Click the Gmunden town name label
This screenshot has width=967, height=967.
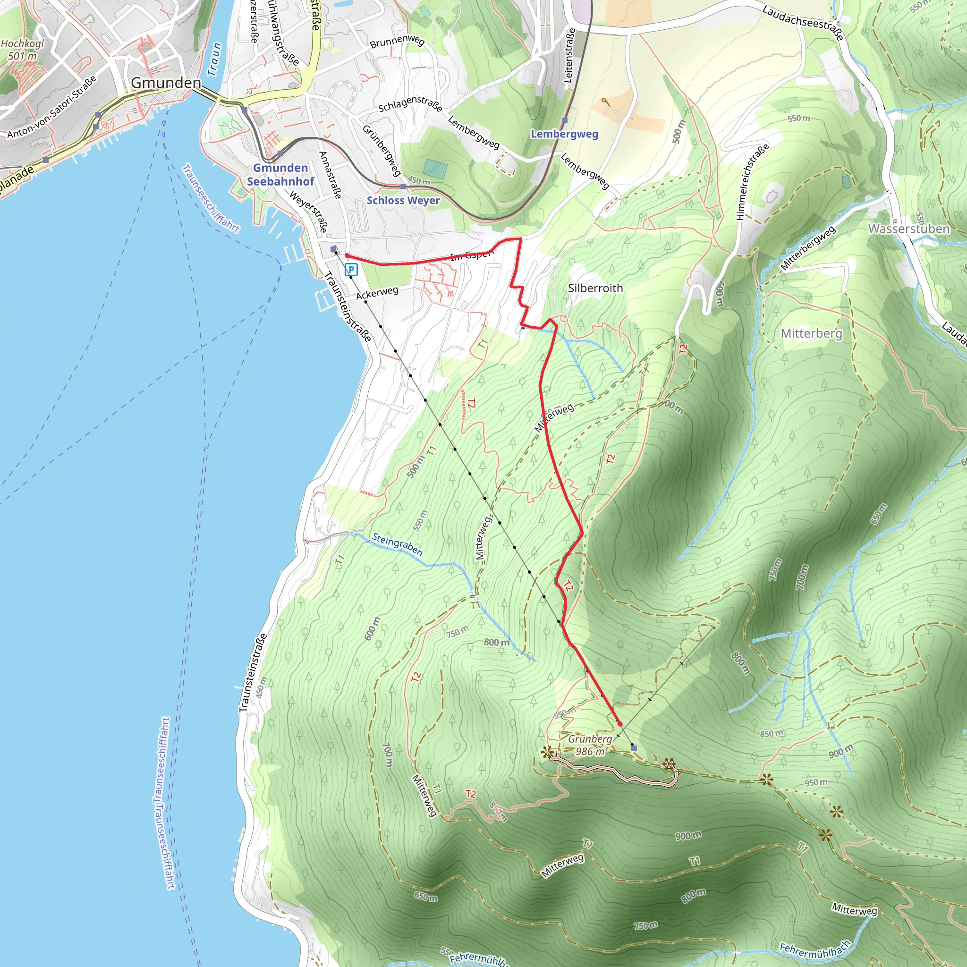click(166, 83)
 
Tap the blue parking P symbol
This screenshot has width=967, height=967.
click(351, 270)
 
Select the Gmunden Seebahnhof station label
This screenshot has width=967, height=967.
click(280, 175)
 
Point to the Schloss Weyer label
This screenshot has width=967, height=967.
click(403, 200)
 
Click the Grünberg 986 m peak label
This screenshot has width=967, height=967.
click(590, 745)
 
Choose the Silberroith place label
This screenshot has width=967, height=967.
click(595, 288)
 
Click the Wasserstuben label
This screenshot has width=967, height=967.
click(908, 229)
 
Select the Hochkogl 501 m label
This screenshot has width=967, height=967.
click(22, 50)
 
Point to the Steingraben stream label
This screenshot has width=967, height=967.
click(398, 544)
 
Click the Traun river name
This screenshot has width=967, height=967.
click(214, 59)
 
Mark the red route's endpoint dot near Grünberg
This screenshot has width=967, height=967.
click(619, 724)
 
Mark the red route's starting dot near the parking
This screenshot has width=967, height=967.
click(347, 256)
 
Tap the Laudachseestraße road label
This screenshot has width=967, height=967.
click(802, 22)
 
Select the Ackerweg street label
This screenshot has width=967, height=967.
click(377, 293)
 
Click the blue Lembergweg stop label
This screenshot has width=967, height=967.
click(564, 134)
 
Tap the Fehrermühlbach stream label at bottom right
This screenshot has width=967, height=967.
click(814, 949)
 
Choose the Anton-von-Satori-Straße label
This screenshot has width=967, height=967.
click(51, 108)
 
